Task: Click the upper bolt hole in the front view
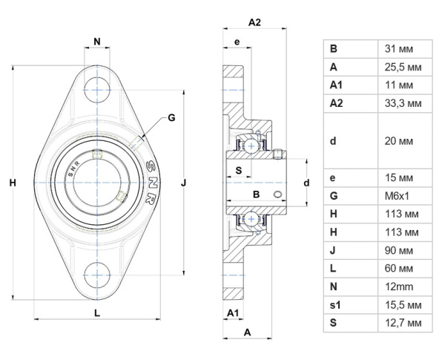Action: [97, 90]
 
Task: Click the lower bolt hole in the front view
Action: [97, 275]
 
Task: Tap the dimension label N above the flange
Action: [97, 42]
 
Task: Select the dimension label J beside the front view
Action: [184, 183]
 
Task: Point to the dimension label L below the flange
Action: [97, 312]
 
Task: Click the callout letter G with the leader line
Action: [171, 117]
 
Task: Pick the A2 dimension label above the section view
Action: [254, 22]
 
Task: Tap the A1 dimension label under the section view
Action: [233, 312]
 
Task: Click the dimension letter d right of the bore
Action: [306, 183]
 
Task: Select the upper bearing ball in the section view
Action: [251, 145]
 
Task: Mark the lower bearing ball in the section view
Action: [251, 219]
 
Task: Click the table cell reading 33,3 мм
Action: [403, 103]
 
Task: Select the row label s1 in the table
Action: [335, 305]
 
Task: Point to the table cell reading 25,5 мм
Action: [403, 68]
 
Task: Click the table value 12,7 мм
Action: [403, 323]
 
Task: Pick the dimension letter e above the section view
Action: [237, 42]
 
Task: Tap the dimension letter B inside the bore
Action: [256, 194]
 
